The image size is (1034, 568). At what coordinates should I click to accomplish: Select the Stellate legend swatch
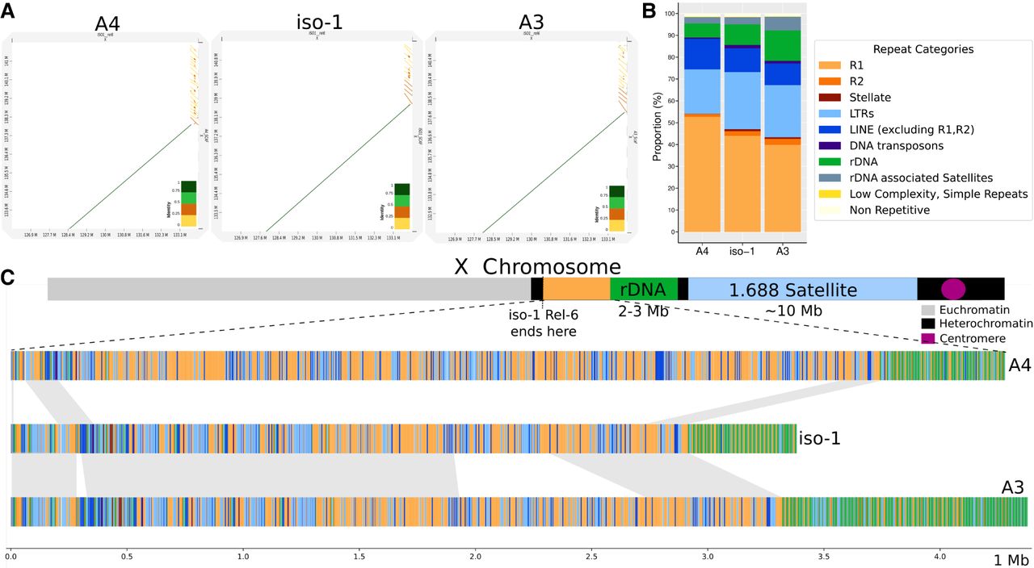pos(834,98)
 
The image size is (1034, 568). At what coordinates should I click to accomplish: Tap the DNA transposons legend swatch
pos(834,145)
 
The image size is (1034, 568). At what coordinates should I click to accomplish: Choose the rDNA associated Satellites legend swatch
pos(834,177)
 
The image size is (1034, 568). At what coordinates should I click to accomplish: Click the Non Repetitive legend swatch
pos(834,210)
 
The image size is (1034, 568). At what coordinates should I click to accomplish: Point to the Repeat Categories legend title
pos(922,49)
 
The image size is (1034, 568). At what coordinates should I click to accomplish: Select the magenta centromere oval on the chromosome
pos(953,289)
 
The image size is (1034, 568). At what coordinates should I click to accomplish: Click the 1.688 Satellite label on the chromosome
pos(793,290)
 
